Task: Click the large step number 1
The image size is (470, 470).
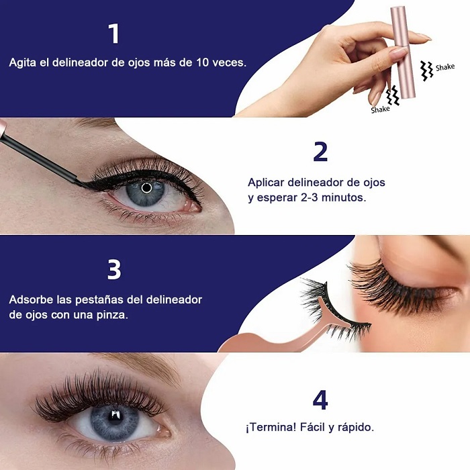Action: pos(113,34)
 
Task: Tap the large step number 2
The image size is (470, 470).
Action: pos(320,152)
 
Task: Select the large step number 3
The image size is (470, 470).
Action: pos(113,269)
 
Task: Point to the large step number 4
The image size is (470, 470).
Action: pos(320,400)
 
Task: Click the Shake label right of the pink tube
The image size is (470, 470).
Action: pos(444,67)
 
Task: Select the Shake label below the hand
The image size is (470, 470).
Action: pos(380,109)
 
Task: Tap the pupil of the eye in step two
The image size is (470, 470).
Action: pos(146,188)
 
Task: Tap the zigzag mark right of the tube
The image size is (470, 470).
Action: pos(426,69)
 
